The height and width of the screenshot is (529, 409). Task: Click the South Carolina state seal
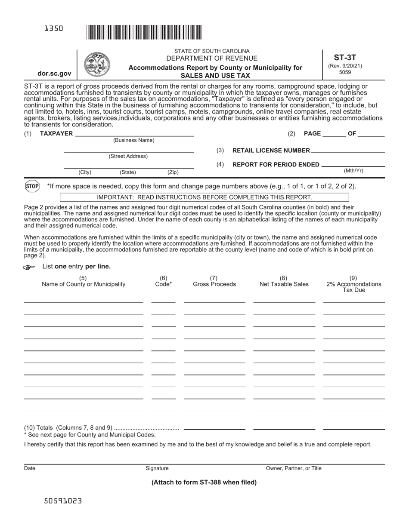pos(96,64)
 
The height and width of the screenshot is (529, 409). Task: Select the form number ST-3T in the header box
pos(345,57)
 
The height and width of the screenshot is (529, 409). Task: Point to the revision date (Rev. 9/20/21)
pos(345,66)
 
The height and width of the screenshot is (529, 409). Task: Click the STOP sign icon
pos(32,186)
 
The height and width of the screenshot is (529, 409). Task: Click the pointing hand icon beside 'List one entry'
pos(29,267)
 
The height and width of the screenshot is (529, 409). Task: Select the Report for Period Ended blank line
pos(353,165)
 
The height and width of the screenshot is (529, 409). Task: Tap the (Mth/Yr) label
pos(353,171)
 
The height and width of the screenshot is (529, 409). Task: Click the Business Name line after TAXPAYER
pos(134,134)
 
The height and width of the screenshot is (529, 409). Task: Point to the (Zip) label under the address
pos(173,172)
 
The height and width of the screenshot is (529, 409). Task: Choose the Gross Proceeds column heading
pos(214,284)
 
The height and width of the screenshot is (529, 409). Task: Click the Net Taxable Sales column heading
pos(284,284)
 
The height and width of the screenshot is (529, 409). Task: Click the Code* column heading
pos(163,284)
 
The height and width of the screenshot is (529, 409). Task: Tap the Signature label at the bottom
pos(157,468)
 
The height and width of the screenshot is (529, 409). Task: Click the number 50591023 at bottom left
pos(63,501)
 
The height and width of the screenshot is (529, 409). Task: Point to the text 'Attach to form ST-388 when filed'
pos(204,482)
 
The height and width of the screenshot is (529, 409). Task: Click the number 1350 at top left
pos(54,28)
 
